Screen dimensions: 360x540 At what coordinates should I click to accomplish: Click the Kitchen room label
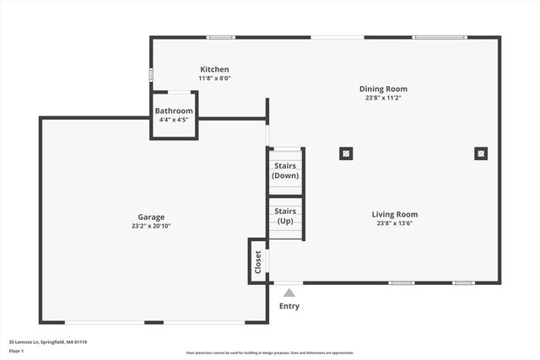(x=214, y=69)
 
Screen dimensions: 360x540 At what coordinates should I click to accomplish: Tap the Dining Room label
(x=383, y=89)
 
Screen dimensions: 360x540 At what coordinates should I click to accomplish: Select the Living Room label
(x=395, y=214)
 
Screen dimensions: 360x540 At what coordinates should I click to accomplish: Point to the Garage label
(x=152, y=217)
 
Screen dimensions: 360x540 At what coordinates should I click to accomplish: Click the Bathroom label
(x=174, y=110)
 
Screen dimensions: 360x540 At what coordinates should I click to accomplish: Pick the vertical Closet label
(x=257, y=261)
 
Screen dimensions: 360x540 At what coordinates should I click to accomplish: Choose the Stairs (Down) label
(x=285, y=170)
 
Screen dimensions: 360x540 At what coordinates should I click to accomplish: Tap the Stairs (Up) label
(x=285, y=216)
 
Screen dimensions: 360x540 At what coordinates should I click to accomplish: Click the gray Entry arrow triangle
(x=289, y=293)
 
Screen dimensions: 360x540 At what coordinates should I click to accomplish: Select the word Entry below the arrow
(x=289, y=306)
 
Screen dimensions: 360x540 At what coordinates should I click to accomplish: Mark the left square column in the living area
(x=346, y=153)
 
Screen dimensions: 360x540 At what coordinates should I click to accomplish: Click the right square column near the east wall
(x=480, y=153)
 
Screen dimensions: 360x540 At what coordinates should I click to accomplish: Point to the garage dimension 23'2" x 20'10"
(x=152, y=226)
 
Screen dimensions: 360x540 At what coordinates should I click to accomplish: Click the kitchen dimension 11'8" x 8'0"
(x=214, y=78)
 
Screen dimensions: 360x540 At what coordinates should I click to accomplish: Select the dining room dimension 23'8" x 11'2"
(x=383, y=98)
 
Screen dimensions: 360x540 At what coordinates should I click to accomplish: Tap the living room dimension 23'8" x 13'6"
(x=395, y=223)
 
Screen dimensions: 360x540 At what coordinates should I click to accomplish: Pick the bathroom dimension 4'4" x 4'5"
(x=174, y=120)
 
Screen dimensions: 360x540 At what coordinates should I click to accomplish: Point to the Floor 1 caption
(x=17, y=351)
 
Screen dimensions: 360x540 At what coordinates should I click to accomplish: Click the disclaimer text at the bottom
(x=270, y=352)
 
